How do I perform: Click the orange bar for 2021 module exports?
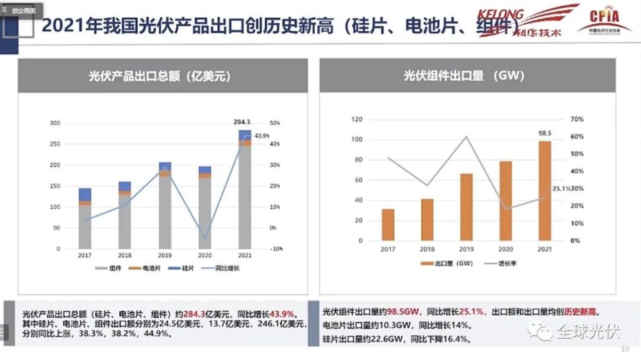pos(544,191)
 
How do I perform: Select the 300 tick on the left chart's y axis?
pos(54,123)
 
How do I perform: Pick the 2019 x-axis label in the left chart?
pos(165,256)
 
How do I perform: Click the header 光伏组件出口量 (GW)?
pos(464,76)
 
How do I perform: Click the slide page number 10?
pos(626,350)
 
